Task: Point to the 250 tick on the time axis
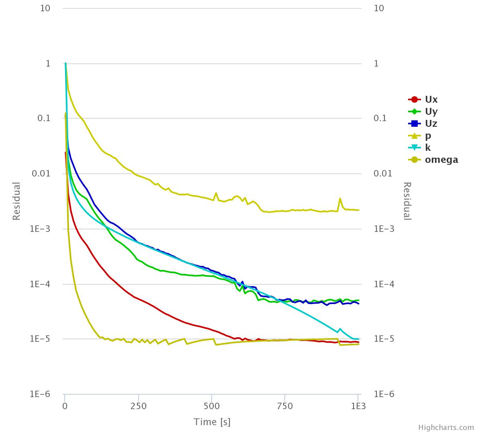click(x=138, y=406)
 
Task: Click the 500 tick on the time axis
click(x=212, y=406)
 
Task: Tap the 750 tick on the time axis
click(x=285, y=406)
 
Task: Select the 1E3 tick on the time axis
click(x=358, y=406)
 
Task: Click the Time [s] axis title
click(x=212, y=422)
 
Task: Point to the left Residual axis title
click(x=16, y=201)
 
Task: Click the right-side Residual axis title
click(x=407, y=201)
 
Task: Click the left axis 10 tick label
click(x=45, y=8)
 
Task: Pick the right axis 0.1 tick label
click(x=380, y=118)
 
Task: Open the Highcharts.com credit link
click(x=446, y=428)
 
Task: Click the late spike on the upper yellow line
click(x=340, y=199)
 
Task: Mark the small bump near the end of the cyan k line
click(x=340, y=329)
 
